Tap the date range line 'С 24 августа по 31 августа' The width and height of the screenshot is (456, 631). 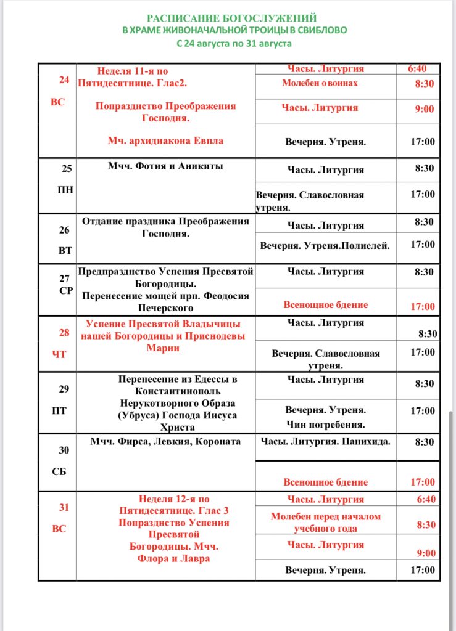point(234,44)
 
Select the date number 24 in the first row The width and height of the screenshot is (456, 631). point(64,80)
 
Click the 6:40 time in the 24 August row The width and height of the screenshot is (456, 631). point(417,69)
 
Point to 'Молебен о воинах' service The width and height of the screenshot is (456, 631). point(320,83)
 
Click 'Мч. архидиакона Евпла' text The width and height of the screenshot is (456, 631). point(165,140)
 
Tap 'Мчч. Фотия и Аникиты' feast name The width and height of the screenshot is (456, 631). point(165,166)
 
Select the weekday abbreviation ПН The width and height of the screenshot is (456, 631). point(65,190)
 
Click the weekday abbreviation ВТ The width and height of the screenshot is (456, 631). point(65,251)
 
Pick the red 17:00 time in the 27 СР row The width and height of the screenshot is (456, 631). point(423,307)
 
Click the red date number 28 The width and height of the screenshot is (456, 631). point(64,333)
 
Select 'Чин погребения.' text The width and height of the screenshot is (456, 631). point(325,425)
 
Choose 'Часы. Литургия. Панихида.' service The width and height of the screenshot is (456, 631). point(325,441)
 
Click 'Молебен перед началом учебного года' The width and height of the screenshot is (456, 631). point(325,523)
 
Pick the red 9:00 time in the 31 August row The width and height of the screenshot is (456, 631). point(425,553)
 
